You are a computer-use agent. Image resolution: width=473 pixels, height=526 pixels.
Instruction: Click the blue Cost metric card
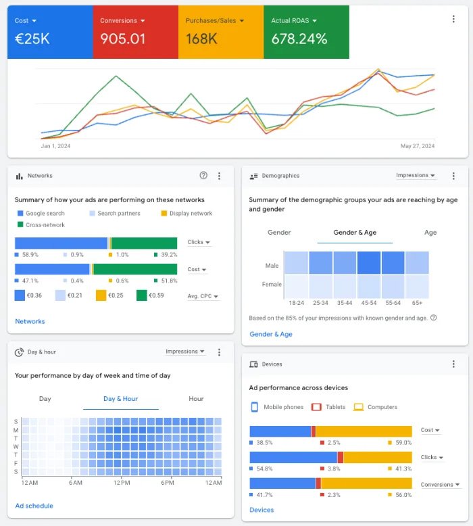coord(49,31)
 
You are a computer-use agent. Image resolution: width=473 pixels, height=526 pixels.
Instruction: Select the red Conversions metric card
coord(135,31)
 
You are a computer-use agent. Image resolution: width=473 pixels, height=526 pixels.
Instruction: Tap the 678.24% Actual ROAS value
coord(299,39)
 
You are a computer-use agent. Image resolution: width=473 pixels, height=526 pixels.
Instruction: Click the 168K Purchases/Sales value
coord(201,39)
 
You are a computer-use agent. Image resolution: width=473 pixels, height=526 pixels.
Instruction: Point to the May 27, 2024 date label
coord(417,146)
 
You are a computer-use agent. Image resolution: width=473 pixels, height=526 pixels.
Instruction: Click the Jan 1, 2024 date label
coord(55,146)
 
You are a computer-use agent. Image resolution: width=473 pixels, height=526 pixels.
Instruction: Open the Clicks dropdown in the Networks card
coord(199,242)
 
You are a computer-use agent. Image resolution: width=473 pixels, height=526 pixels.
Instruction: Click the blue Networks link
coord(30,322)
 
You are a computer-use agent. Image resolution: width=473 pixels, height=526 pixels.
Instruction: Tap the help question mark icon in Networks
coord(203,176)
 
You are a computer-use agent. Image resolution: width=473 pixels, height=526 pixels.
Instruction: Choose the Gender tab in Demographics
coord(279,233)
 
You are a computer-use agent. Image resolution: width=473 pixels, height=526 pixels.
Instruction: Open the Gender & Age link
coord(271,334)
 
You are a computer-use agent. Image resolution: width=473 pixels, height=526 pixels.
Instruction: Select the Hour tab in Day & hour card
coord(196,399)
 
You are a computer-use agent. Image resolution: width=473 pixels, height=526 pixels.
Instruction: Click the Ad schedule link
coord(34,506)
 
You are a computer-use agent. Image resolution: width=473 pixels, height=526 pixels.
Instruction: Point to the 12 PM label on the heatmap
coord(122,483)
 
